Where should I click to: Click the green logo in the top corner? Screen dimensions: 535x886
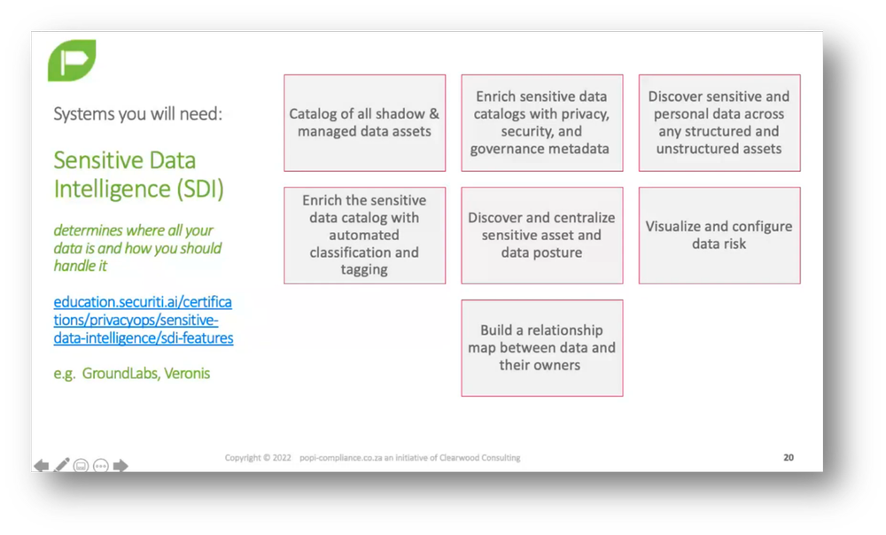pyautogui.click(x=72, y=60)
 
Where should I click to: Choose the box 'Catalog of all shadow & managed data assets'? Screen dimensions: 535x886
pyautogui.click(x=364, y=123)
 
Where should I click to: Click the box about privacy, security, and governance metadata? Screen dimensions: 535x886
pyautogui.click(x=541, y=123)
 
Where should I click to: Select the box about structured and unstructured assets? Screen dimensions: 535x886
pyautogui.click(x=719, y=123)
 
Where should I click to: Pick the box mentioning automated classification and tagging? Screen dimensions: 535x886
pyautogui.click(x=364, y=235)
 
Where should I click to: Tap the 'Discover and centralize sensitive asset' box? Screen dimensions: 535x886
pyautogui.click(x=541, y=235)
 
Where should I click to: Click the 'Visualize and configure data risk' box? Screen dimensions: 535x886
pyautogui.click(x=719, y=235)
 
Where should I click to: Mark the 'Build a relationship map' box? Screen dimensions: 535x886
pyautogui.click(x=541, y=347)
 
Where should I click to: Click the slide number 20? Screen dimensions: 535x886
pyautogui.click(x=789, y=458)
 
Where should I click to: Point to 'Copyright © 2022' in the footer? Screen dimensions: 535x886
pyautogui.click(x=258, y=458)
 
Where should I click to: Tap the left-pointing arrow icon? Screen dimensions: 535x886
pyautogui.click(x=41, y=466)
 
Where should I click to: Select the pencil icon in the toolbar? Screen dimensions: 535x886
pyautogui.click(x=61, y=465)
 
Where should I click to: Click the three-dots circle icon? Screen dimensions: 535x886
pyautogui.click(x=100, y=466)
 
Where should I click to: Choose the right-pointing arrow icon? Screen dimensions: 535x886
pyautogui.click(x=120, y=466)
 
